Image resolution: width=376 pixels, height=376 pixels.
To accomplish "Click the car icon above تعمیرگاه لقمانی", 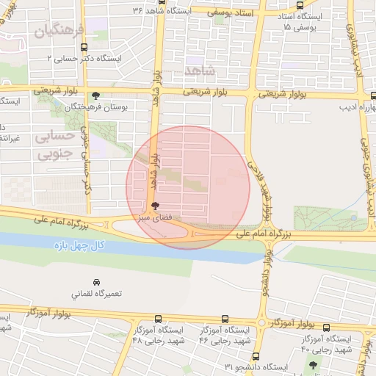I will pyautogui.click(x=96, y=282).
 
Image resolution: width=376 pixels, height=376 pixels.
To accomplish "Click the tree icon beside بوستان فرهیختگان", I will pyautogui.click(x=96, y=95).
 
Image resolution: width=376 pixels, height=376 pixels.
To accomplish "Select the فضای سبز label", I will pyautogui.click(x=153, y=218).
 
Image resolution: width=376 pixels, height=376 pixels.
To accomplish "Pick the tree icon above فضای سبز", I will pyautogui.click(x=153, y=206).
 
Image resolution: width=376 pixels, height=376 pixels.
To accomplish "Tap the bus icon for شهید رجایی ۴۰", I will pyautogui.click(x=327, y=328).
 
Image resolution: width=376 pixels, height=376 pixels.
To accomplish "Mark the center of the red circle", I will pyautogui.click(x=188, y=187).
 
